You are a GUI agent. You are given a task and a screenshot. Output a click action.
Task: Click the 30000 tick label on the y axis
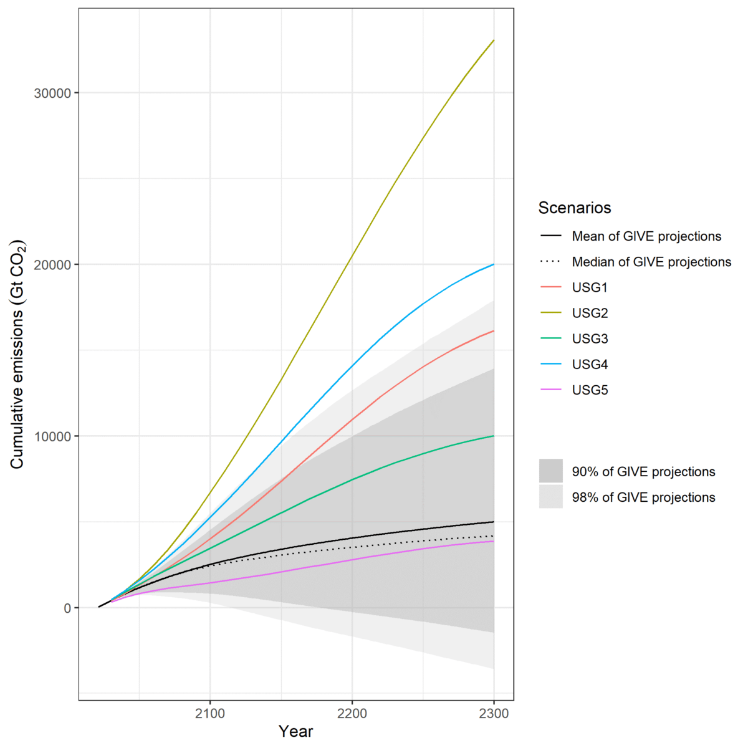51,93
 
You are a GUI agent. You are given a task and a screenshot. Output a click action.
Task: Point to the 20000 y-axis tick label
51,265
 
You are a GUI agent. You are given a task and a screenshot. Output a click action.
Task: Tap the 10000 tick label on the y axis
51,436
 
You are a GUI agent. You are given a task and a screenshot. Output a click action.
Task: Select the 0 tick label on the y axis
67,608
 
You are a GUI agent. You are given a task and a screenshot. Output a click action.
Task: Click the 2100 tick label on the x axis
210,713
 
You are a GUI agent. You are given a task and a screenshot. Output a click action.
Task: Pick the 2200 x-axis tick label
352,713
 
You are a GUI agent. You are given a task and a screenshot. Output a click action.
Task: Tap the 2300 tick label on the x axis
494,713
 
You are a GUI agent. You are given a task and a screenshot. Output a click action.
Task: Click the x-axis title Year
296,731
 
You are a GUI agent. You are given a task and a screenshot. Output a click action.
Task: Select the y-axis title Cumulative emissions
17,354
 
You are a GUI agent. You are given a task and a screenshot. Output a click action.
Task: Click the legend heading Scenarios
575,208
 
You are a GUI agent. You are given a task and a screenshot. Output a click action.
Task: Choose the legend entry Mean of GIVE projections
646,237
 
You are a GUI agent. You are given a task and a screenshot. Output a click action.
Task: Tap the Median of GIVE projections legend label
651,262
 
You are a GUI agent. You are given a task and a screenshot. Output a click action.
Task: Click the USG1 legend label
590,288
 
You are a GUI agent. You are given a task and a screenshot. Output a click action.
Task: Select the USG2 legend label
590,314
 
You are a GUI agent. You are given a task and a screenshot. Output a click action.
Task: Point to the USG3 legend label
590,339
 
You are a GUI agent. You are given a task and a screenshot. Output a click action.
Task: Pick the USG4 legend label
590,365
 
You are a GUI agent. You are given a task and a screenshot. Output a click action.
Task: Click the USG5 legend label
590,390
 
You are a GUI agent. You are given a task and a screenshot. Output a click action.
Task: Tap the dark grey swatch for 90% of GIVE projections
551,471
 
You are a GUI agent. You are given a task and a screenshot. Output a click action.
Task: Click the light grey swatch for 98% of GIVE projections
551,497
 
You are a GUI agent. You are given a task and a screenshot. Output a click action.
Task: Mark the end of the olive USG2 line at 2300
494,41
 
